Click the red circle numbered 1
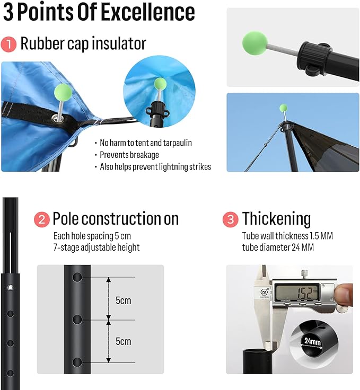click(8, 44)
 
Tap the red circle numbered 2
click(41, 219)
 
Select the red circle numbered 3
click(231, 219)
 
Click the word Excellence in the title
click(148, 12)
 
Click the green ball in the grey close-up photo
click(255, 43)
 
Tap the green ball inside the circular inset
click(160, 84)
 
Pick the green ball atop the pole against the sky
click(283, 108)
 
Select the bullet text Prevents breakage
click(129, 155)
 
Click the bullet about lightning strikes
click(155, 166)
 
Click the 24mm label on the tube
click(313, 341)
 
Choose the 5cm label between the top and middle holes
click(123, 300)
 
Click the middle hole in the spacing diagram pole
click(77, 320)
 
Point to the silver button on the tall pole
click(11, 288)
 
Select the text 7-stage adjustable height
click(96, 247)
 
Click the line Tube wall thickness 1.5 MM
click(287, 236)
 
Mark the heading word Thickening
click(276, 218)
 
